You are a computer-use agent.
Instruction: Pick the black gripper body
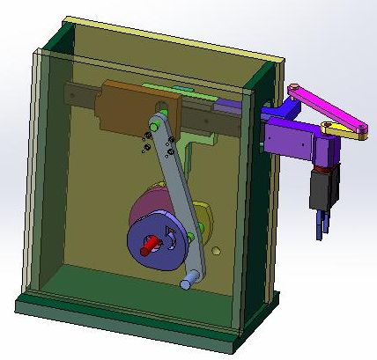pos(322,190)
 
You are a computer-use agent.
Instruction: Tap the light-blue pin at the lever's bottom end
pos(186,283)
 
